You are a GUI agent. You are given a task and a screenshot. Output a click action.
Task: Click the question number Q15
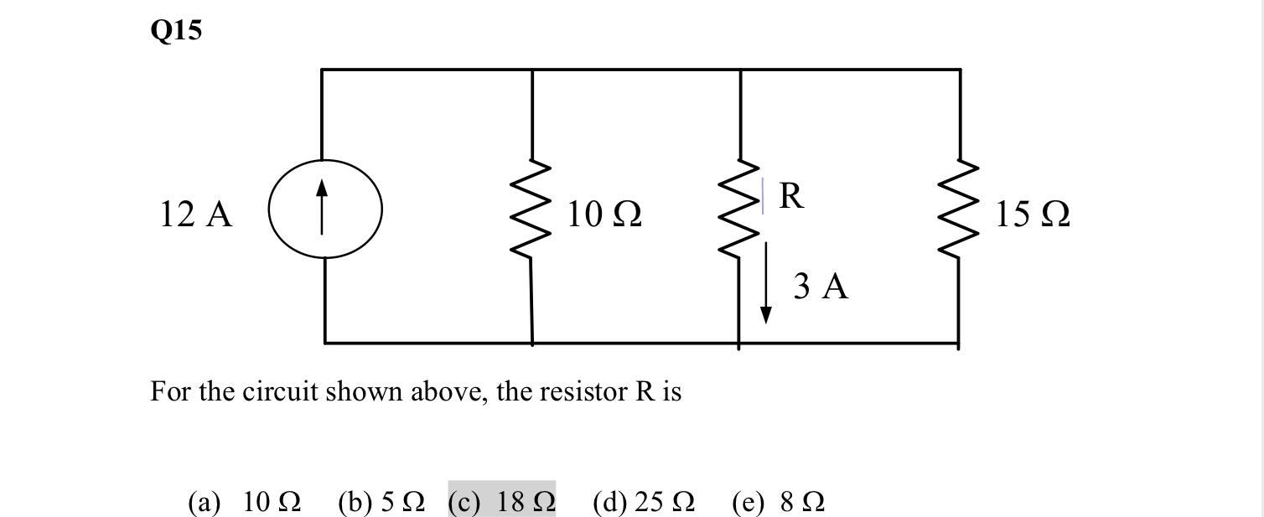pos(177,31)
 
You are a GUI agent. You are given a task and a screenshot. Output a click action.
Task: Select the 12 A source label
pos(196,215)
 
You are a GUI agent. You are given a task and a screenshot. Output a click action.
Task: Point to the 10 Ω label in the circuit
pos(604,215)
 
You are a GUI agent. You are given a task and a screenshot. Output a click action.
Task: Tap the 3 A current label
pos(821,287)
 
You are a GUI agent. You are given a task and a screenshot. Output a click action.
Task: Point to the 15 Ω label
pos(1033,215)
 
